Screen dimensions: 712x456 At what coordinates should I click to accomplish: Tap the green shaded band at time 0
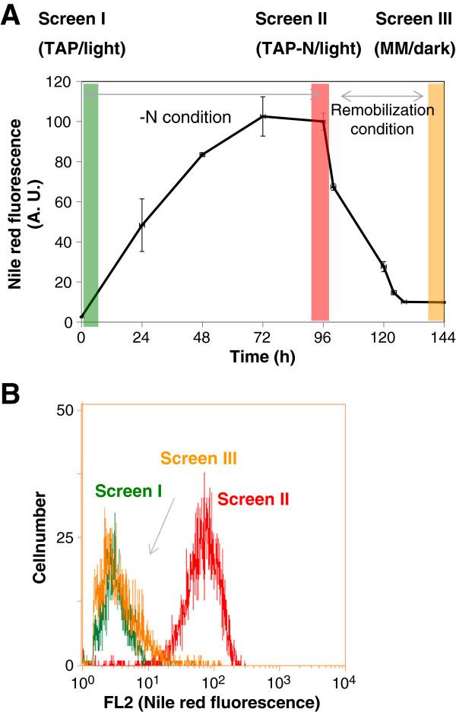pos(90,201)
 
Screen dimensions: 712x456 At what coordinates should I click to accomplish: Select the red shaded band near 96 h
pos(320,201)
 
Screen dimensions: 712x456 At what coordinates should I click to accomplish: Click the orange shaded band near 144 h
pos(435,201)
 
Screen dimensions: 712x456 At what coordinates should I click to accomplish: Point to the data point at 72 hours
pos(263,116)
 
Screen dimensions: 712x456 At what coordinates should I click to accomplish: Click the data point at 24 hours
pos(141,225)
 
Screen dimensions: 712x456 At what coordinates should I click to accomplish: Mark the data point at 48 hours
pos(202,154)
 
